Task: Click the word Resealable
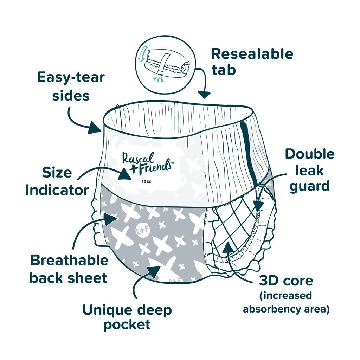click(x=252, y=54)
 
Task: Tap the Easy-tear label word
click(x=71, y=77)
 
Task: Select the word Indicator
click(x=57, y=190)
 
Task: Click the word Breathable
click(x=69, y=261)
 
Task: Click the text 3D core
click(x=286, y=281)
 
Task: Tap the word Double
click(x=310, y=154)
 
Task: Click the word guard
click(x=309, y=187)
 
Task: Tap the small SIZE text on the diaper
click(x=146, y=182)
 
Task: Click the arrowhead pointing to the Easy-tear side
click(x=95, y=128)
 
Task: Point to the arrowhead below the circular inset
click(x=204, y=94)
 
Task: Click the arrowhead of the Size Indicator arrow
click(x=125, y=174)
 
